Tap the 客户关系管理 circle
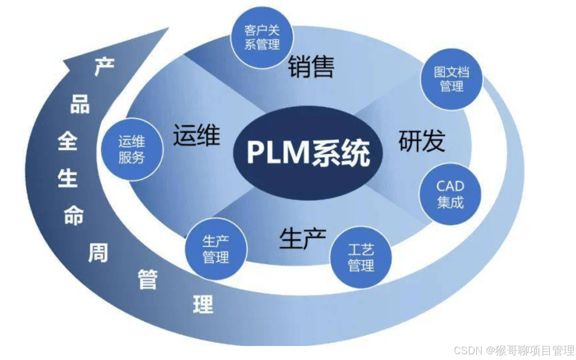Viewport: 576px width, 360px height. [262, 38]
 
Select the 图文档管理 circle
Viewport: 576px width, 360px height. [451, 79]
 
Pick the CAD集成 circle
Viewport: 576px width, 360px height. [450, 194]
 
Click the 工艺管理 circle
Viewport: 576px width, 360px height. [361, 258]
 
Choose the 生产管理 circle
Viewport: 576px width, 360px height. [216, 249]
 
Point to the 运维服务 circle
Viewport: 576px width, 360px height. [132, 149]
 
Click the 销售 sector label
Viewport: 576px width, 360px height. [311, 67]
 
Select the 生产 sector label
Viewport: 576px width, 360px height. [302, 239]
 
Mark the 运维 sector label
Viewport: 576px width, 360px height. [196, 135]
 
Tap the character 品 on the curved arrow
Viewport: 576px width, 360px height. [80, 105]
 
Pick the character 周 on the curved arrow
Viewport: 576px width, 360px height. [98, 253]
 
